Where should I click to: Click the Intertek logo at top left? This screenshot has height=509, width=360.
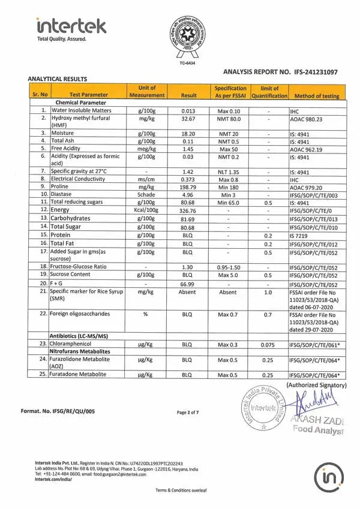(x=71, y=27)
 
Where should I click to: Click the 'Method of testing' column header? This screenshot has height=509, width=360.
(x=317, y=95)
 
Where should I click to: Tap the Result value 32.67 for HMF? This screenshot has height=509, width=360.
(x=188, y=119)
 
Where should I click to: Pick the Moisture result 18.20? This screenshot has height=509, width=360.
(x=188, y=133)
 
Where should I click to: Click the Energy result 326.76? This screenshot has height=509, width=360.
(x=188, y=210)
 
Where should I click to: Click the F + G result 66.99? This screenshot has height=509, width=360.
(x=188, y=284)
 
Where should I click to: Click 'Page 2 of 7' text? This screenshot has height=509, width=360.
(x=188, y=412)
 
